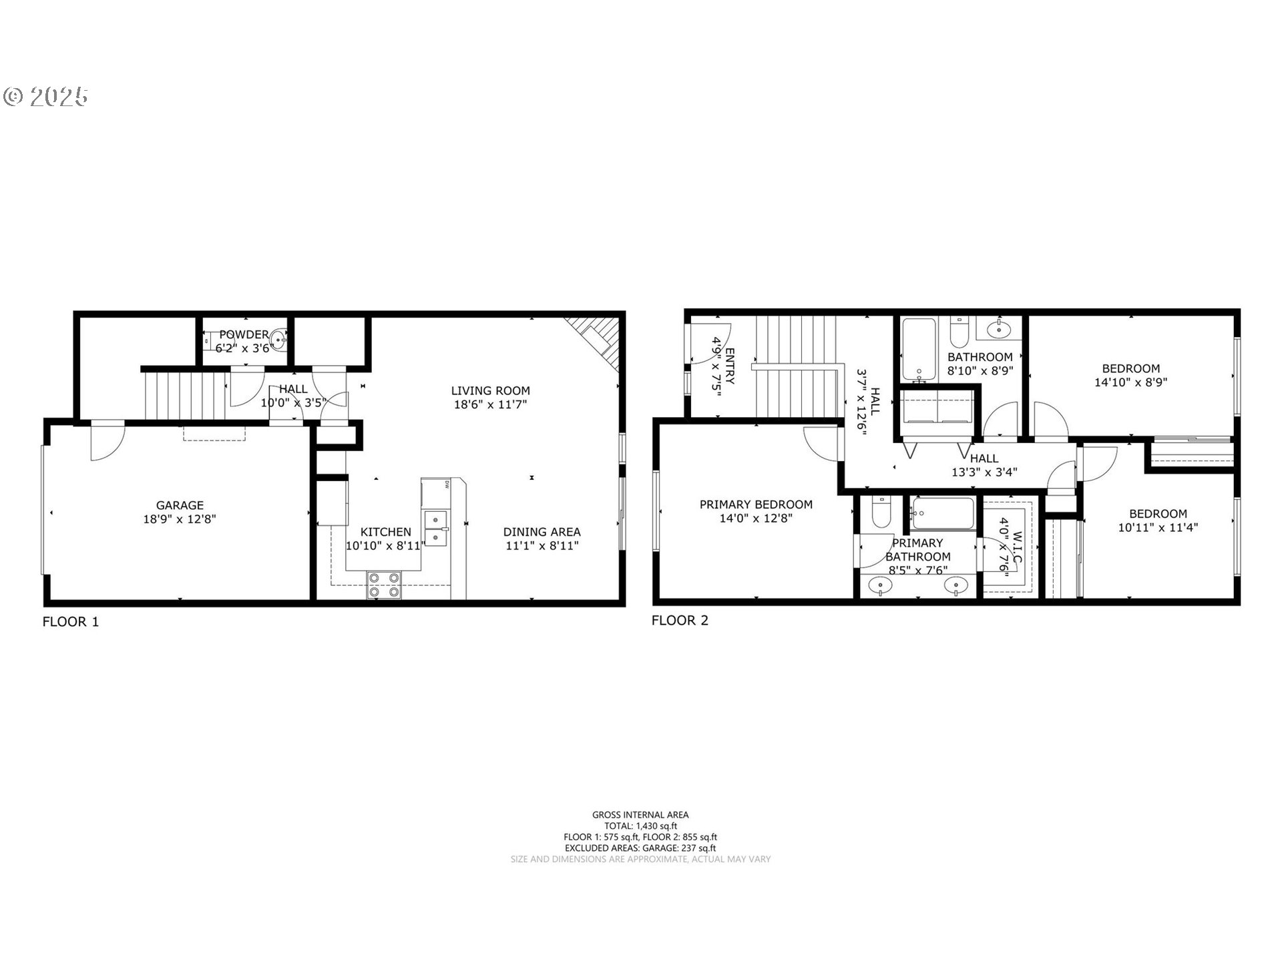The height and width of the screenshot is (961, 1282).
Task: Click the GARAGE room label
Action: point(180,505)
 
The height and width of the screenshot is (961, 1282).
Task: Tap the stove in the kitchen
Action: point(384,585)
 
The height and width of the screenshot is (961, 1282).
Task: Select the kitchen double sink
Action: point(436,527)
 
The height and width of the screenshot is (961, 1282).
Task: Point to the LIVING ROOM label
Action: point(490,390)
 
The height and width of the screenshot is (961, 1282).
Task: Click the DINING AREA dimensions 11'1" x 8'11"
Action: point(542,546)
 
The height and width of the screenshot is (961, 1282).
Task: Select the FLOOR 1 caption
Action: point(71,622)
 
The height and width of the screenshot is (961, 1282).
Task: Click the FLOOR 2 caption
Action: point(680,621)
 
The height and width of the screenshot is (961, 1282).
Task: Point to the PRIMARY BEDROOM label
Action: point(756,505)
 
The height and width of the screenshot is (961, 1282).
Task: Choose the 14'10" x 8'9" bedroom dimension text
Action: point(1130,382)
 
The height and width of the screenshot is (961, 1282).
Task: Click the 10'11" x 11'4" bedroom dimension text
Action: point(1158,527)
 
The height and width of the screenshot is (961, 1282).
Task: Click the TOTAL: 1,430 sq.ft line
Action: point(640,826)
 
